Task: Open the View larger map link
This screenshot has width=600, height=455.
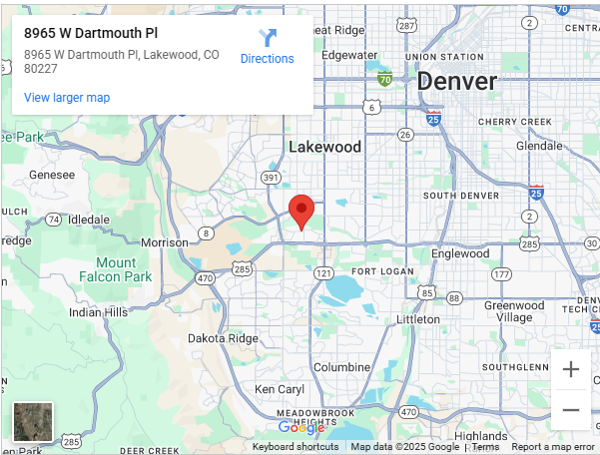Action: click(67, 98)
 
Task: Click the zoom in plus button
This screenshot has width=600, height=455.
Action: click(571, 370)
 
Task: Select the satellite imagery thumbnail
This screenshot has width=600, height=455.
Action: click(33, 422)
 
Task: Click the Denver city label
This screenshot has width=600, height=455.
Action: click(456, 81)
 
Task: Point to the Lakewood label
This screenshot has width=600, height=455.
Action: click(324, 147)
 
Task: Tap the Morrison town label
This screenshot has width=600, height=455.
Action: click(164, 242)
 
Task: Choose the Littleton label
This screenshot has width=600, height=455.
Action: click(418, 319)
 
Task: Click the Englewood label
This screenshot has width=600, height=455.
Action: click(459, 253)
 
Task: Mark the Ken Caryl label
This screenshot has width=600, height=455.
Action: click(279, 389)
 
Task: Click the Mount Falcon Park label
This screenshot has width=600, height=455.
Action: click(116, 269)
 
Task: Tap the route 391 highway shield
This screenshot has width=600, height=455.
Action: click(270, 178)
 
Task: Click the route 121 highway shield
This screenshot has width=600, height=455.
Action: click(322, 272)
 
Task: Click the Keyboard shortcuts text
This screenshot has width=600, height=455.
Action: click(296, 447)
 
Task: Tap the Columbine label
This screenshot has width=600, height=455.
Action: click(342, 367)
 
